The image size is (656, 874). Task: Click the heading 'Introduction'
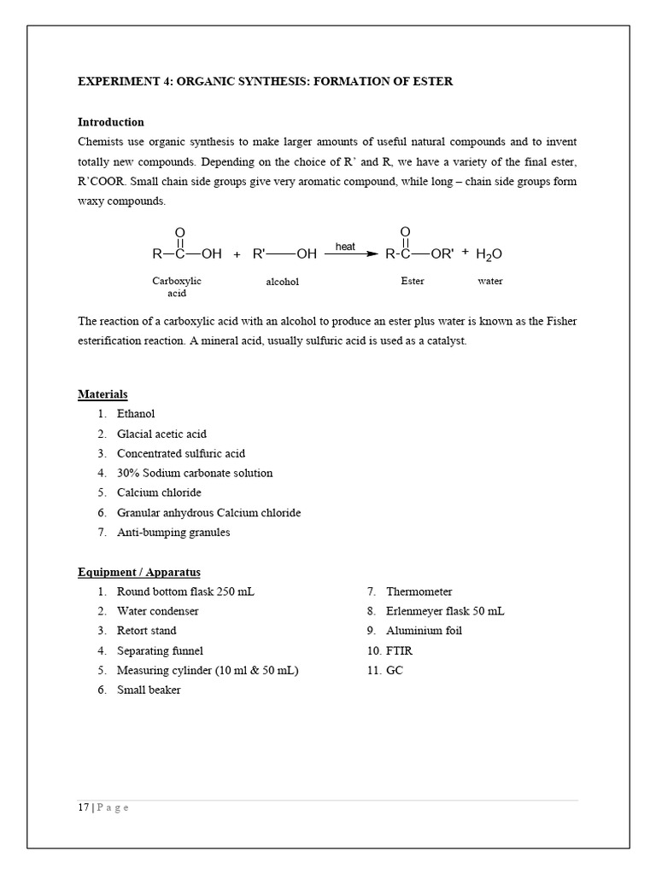(x=111, y=122)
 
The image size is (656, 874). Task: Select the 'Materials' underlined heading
(x=102, y=394)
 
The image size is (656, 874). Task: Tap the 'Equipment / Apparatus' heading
(x=139, y=572)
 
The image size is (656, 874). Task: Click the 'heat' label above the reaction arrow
(x=345, y=247)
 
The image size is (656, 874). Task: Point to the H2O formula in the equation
(x=489, y=254)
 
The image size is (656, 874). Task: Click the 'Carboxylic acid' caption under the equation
(x=177, y=286)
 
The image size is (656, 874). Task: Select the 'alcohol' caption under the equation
(x=283, y=281)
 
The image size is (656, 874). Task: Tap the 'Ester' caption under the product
(x=413, y=280)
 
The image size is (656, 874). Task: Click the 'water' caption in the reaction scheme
(x=490, y=280)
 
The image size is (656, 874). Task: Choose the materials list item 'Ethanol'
(x=136, y=414)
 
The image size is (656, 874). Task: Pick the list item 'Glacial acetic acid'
(x=161, y=434)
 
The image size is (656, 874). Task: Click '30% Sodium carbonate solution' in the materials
(x=195, y=473)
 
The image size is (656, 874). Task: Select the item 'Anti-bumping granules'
(x=173, y=532)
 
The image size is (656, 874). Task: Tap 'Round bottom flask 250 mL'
(x=185, y=591)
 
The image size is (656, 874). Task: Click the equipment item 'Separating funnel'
(x=160, y=650)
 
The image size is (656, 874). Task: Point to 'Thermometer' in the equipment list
(x=419, y=591)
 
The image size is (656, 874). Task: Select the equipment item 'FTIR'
(x=400, y=650)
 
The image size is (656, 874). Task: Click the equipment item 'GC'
(x=394, y=670)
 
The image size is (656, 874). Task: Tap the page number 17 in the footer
(x=83, y=808)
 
